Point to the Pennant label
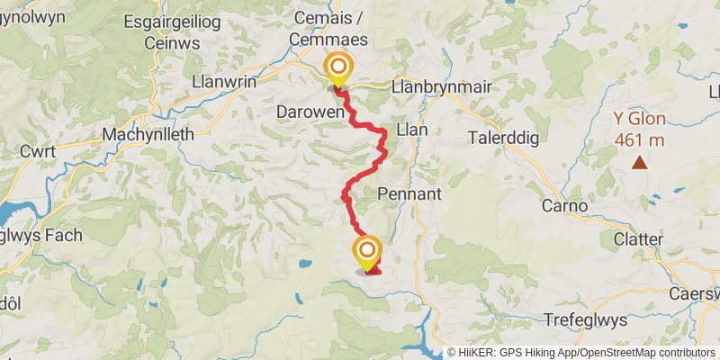coord(409,193)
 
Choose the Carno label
coord(564,206)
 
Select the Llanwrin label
coord(224,81)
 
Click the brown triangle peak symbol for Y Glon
coord(639,163)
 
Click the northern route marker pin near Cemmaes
coord(338,68)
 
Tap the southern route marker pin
coord(367,251)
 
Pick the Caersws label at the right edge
coord(696,293)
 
